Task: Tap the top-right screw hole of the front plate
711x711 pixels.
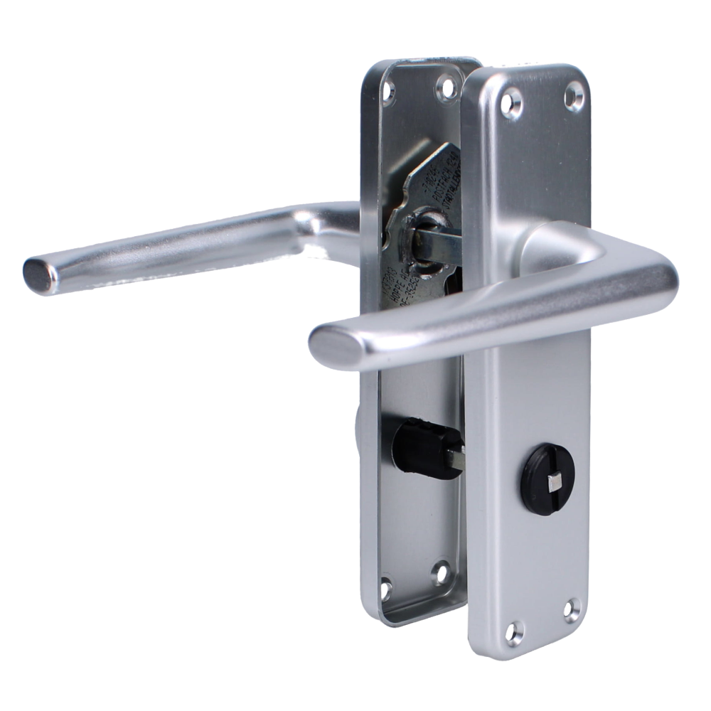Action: point(572,95)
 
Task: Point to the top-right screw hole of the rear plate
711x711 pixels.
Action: point(447,86)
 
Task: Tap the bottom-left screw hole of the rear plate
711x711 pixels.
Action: point(390,589)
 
